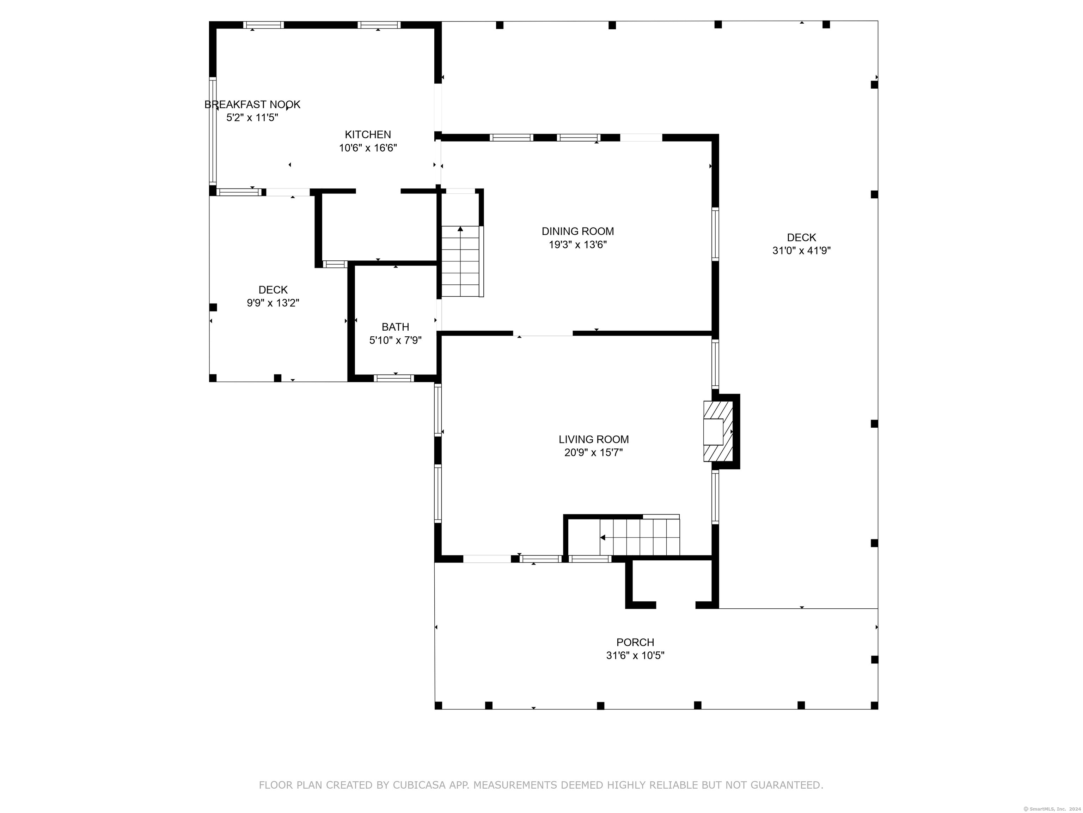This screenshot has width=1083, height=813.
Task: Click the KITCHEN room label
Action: (x=368, y=135)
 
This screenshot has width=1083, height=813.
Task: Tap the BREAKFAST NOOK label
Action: (x=252, y=104)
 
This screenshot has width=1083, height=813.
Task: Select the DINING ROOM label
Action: (x=578, y=231)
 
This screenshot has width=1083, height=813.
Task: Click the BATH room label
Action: (x=396, y=327)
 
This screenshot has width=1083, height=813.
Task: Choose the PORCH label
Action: (x=635, y=642)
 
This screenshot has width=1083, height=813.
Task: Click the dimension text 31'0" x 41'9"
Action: (x=801, y=251)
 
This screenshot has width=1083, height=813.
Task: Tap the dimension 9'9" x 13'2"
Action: (x=273, y=303)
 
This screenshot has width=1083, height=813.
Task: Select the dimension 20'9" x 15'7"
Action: (x=593, y=452)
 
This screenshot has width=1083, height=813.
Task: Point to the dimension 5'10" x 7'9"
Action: (x=395, y=340)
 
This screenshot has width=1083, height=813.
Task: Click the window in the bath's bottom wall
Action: (x=394, y=378)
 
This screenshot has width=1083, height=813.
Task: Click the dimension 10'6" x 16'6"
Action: (x=368, y=147)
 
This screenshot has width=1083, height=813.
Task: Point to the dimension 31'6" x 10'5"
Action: (x=635, y=655)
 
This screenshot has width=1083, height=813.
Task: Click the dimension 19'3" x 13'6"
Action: (x=578, y=245)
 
